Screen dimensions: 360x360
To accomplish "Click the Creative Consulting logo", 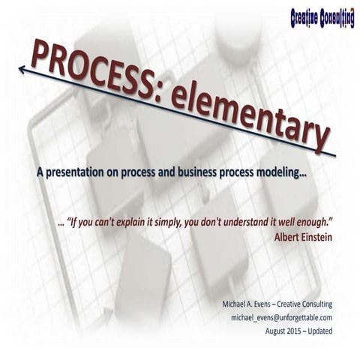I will click(322, 17).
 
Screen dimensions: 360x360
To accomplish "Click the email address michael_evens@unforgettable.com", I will click(281, 317).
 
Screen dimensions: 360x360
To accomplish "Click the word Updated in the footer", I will click(319, 330).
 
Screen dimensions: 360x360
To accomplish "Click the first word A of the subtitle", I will click(40, 172).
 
